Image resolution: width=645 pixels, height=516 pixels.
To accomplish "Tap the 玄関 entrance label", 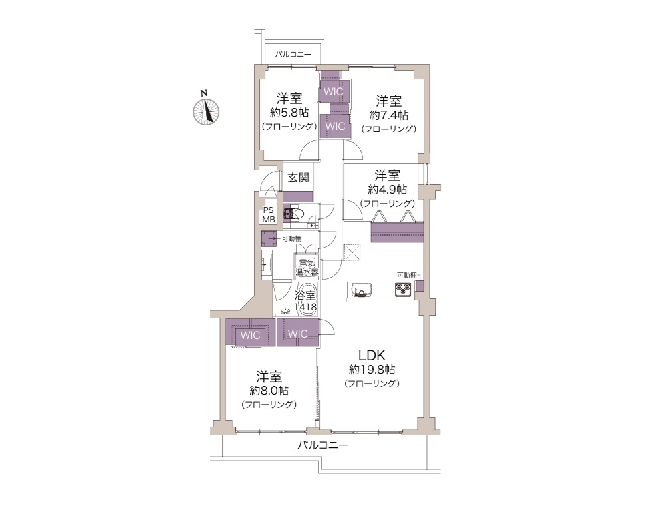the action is pyautogui.click(x=299, y=178).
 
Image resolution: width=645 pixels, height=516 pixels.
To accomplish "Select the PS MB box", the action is pyautogui.click(x=269, y=215).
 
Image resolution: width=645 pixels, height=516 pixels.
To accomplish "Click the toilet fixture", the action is pyautogui.click(x=297, y=213).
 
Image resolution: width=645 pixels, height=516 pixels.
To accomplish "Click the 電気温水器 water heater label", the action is pyautogui.click(x=307, y=267).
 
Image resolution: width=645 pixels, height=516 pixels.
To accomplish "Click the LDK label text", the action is pyautogui.click(x=372, y=355).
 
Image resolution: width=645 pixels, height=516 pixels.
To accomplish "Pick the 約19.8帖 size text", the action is pyautogui.click(x=372, y=370).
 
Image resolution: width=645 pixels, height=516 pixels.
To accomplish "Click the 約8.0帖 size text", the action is pyautogui.click(x=269, y=391).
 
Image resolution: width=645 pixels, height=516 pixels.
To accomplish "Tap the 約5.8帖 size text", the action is pyautogui.click(x=289, y=113).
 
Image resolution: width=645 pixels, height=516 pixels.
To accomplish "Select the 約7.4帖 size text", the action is pyautogui.click(x=389, y=115).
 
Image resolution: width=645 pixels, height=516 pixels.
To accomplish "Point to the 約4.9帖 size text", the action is pyautogui.click(x=388, y=190).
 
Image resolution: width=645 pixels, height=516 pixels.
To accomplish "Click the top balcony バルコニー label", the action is pyautogui.click(x=293, y=55).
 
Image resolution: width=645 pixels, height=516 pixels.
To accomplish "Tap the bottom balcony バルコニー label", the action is pyautogui.click(x=323, y=445).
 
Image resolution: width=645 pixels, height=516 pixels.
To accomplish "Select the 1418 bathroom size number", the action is pyautogui.click(x=305, y=307).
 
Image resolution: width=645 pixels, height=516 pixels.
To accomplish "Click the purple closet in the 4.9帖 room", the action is pyautogui.click(x=397, y=232).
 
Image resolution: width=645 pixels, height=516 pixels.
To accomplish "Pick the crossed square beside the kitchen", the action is pyautogui.click(x=352, y=252).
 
